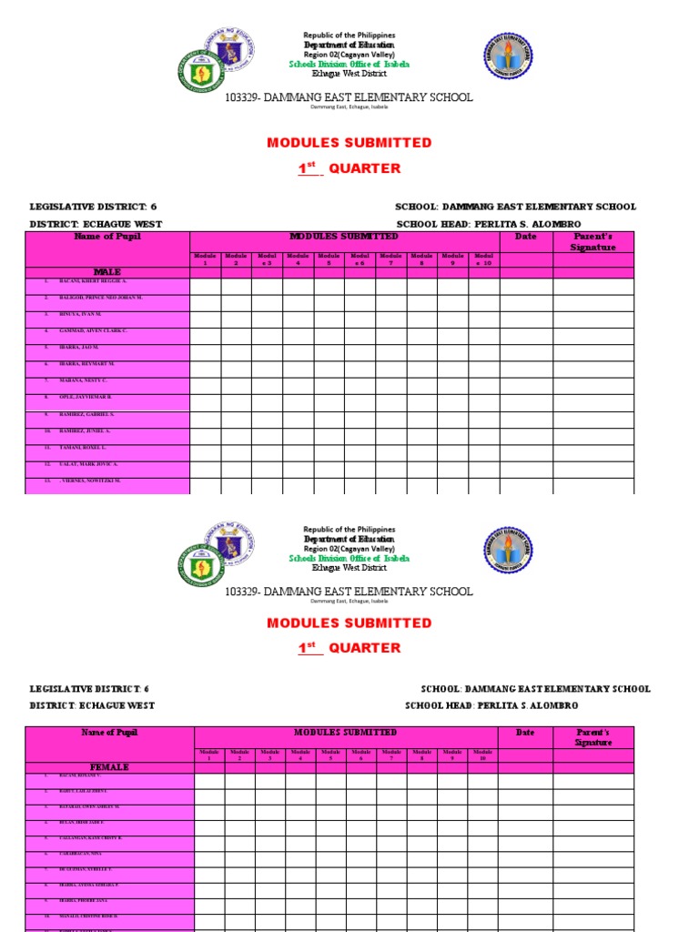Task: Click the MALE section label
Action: (x=107, y=272)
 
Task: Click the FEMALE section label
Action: (x=108, y=767)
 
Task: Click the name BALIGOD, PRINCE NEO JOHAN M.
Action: (x=101, y=298)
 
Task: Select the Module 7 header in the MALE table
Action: (x=390, y=259)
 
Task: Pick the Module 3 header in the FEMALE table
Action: (x=270, y=755)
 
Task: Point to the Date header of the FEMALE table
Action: (x=525, y=733)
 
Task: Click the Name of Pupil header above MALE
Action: (x=107, y=237)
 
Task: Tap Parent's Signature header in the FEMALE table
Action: (x=593, y=737)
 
